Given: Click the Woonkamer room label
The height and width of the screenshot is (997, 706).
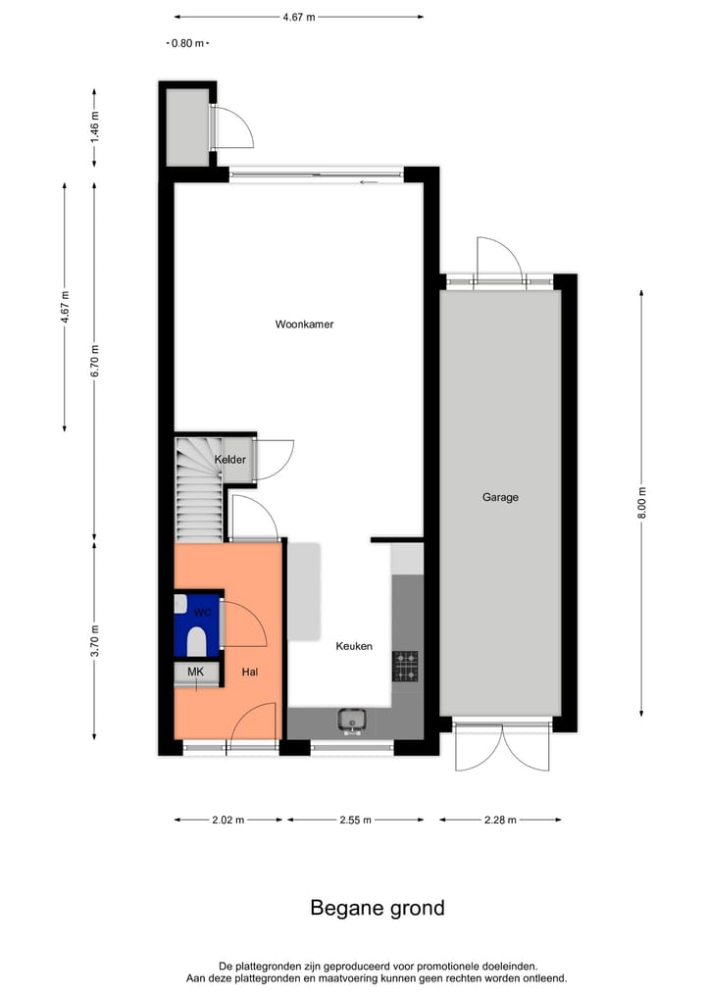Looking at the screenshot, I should [304, 324].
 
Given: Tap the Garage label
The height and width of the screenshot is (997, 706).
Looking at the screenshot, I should [500, 497].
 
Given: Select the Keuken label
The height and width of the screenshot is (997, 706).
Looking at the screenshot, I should [354, 646].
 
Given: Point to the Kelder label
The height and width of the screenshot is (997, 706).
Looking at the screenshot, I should [230, 459].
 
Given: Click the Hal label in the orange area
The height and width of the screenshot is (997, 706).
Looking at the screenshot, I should [249, 673].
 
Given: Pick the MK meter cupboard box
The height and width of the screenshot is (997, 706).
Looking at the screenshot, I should [196, 672].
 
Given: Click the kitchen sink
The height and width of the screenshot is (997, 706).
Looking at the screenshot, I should [352, 722].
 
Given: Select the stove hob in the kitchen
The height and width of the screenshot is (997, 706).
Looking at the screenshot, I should [405, 666].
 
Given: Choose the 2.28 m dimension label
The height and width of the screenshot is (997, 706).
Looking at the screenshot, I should [500, 820].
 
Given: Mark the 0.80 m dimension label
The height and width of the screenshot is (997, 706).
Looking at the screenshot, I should [186, 43].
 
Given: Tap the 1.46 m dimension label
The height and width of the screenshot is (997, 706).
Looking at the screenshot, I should [94, 127].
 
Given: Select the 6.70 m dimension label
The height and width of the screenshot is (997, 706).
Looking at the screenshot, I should [94, 361].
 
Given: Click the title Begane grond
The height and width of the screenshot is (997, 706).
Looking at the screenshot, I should [378, 908].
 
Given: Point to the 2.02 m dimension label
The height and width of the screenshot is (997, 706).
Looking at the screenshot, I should [227, 820].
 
